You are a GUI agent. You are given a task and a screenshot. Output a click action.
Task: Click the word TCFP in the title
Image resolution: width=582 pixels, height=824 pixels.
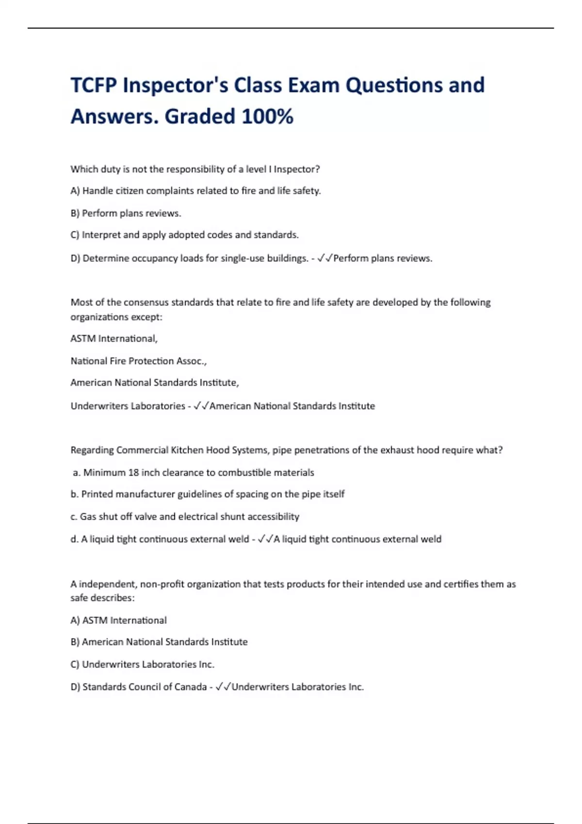click(x=94, y=86)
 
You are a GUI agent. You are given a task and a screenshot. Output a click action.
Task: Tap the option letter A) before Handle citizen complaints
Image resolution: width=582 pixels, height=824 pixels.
click(x=75, y=191)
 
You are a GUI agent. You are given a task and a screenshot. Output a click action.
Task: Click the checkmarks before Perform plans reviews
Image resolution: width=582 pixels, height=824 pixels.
click(x=325, y=258)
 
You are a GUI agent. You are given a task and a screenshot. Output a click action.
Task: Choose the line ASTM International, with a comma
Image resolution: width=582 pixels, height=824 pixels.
click(x=114, y=339)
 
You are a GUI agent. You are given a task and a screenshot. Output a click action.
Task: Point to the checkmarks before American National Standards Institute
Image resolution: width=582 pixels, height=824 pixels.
click(x=201, y=406)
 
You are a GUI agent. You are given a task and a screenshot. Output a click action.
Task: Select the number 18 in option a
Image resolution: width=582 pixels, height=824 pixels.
click(x=133, y=473)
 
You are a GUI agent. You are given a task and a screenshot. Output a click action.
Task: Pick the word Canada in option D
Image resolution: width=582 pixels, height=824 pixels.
click(x=190, y=687)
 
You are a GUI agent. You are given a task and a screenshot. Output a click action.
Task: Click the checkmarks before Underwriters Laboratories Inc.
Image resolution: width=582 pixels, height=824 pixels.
click(x=224, y=687)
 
